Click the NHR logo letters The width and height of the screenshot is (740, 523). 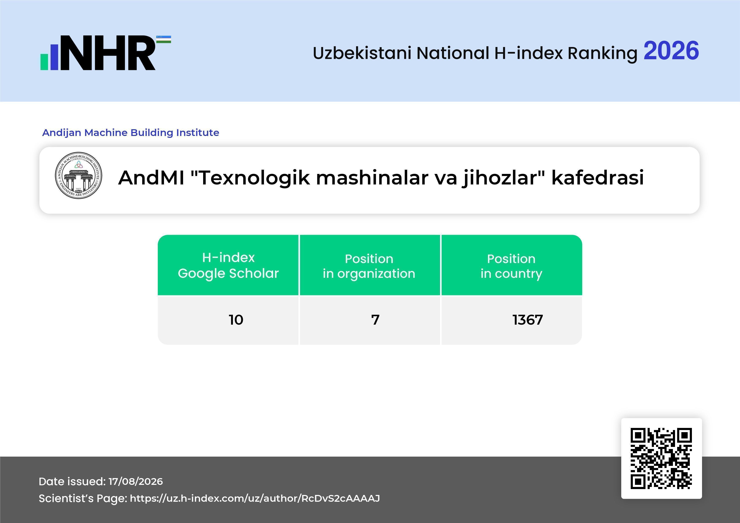pos(108,53)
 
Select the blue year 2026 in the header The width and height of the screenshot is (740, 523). pos(671,51)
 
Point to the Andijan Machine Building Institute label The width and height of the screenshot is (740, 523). pos(131,132)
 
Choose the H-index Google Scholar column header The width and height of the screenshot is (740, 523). pos(228,265)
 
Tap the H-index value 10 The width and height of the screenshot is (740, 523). pos(236,320)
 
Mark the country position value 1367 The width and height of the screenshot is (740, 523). pos(528,320)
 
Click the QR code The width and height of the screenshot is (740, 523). pos(661,458)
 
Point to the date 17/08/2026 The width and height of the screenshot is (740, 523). pos(136,481)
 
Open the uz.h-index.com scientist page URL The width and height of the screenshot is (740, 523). pos(255,498)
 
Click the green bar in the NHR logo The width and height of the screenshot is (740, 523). pos(44,62)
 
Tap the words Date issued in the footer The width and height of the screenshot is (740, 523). pos(72,481)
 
